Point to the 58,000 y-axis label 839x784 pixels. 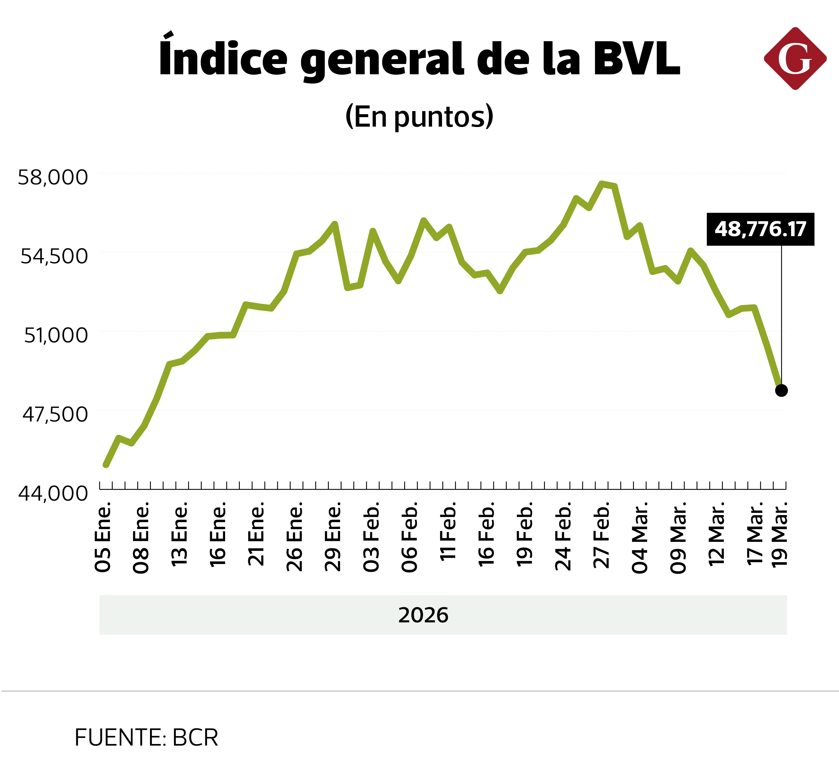pos(53,177)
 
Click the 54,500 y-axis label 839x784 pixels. pos(54,256)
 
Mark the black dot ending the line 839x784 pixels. pos(781,390)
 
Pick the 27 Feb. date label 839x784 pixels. pos(601,535)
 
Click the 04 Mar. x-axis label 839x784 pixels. pos(640,538)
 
